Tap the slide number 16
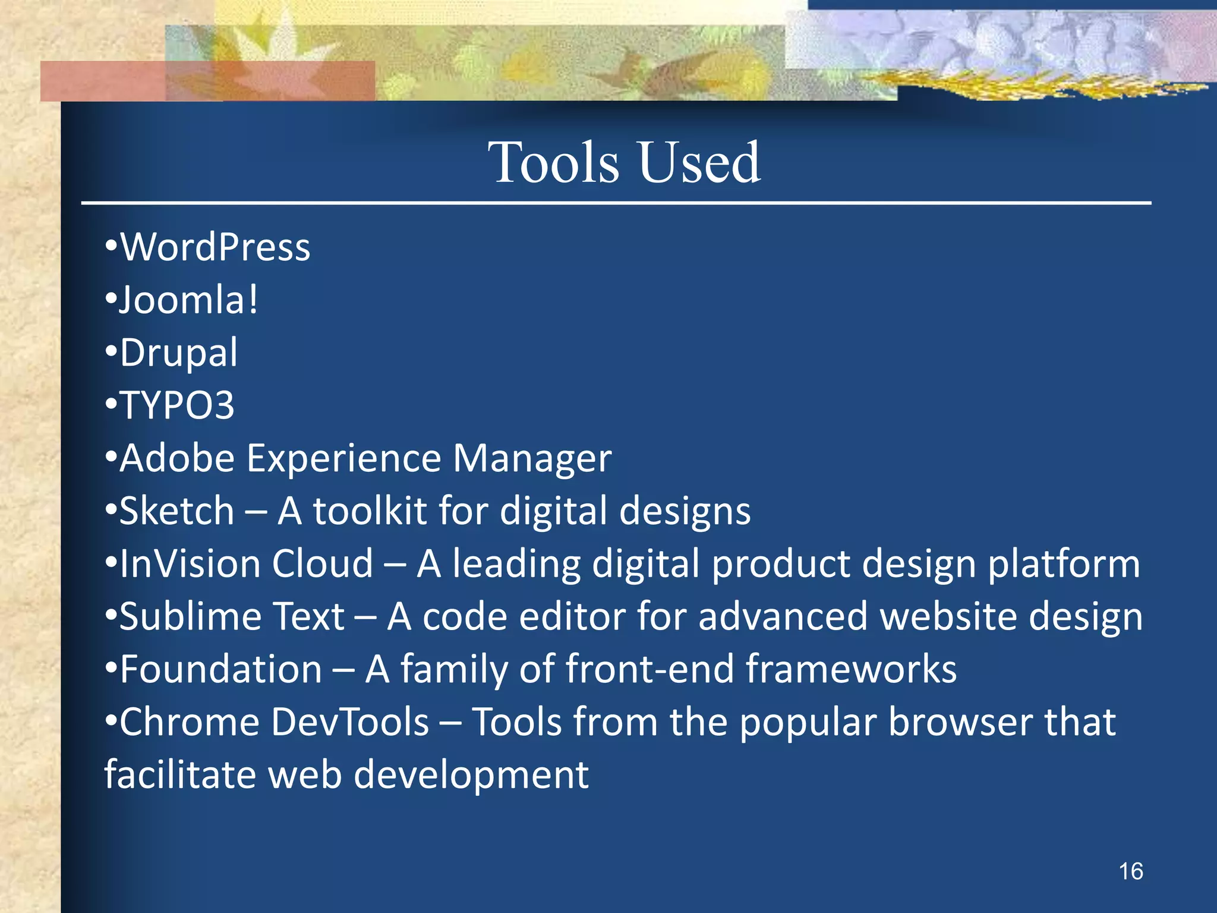click(1130, 871)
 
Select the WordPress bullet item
click(215, 247)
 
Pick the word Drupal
click(178, 353)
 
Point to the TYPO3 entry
click(177, 406)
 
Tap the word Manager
click(532, 459)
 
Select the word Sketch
click(177, 511)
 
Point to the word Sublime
click(190, 616)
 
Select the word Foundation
click(221, 669)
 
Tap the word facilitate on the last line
click(180, 775)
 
